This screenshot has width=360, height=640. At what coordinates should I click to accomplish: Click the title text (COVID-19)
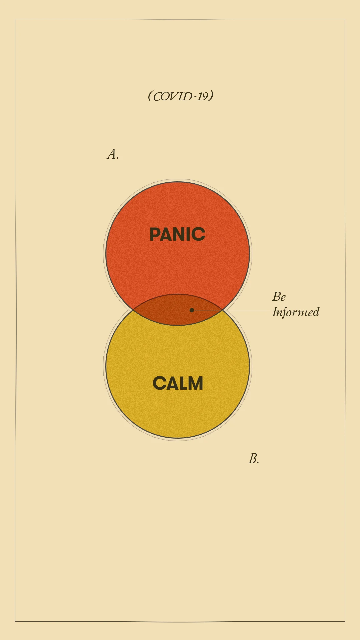click(x=180, y=96)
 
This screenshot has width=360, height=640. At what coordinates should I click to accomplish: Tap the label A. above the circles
click(x=113, y=154)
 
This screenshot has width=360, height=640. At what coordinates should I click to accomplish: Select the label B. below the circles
click(x=254, y=459)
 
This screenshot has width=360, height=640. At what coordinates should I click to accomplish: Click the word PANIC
click(x=177, y=234)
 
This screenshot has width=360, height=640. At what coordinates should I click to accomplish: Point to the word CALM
click(x=178, y=383)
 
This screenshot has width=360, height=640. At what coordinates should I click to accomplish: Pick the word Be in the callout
click(x=279, y=297)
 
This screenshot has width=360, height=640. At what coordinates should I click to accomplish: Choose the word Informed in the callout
click(x=296, y=312)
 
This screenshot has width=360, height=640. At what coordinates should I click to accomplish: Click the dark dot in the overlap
click(x=192, y=310)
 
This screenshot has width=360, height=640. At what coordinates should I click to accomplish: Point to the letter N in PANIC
click(x=179, y=234)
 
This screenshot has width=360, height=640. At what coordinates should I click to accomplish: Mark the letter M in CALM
click(x=195, y=383)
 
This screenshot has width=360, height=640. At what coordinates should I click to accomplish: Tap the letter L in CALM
click(x=182, y=383)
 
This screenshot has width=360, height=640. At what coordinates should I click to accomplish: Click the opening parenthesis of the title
click(x=150, y=96)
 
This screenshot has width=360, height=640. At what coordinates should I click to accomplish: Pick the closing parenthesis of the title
click(x=211, y=96)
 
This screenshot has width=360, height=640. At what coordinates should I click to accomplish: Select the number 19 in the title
click(x=202, y=96)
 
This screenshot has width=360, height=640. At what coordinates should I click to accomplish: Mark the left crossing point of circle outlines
click(x=133, y=310)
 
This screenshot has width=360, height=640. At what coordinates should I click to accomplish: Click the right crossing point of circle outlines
click(x=222, y=310)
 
